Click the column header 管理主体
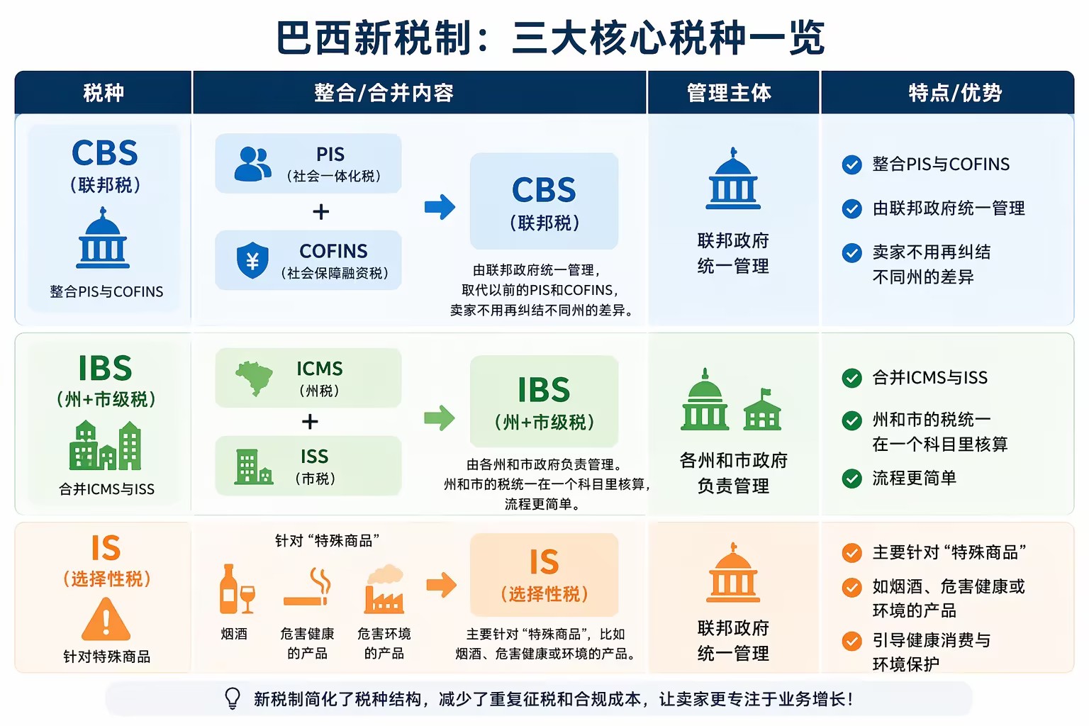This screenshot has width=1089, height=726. tap(729, 93)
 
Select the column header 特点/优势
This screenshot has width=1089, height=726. tap(955, 93)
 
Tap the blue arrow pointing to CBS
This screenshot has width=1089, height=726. tap(440, 207)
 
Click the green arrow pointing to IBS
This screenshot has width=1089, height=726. tap(439, 418)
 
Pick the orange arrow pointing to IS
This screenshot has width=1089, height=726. tap(442, 584)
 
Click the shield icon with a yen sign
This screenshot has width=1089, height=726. tap(252, 261)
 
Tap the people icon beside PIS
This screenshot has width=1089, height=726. tap(252, 164)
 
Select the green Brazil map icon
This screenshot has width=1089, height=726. tap(255, 378)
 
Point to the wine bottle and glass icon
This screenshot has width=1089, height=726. tap(237, 588)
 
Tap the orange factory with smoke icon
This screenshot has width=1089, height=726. tap(384, 588)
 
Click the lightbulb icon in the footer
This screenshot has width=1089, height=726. tap(233, 699)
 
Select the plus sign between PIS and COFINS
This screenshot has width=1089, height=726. tap(321, 211)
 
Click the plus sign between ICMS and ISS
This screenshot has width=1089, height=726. tap(310, 421)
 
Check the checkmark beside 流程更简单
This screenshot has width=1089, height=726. tap(851, 479)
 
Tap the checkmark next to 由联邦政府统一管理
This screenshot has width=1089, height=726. tap(851, 208)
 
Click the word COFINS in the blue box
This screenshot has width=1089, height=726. tap(333, 252)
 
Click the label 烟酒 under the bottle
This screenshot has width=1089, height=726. tap(234, 634)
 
